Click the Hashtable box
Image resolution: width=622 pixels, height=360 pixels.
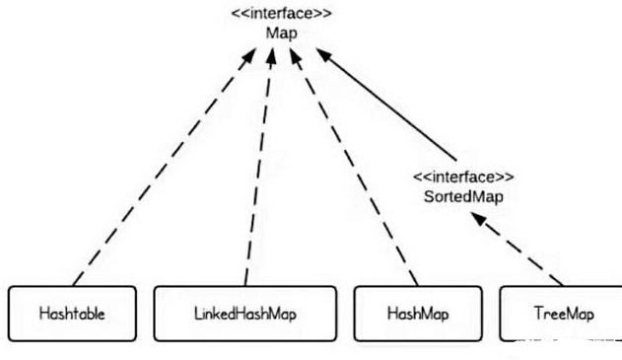(73, 313)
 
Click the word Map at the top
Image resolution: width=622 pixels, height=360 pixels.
(281, 33)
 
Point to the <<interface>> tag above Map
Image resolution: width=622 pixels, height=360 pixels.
(282, 15)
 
